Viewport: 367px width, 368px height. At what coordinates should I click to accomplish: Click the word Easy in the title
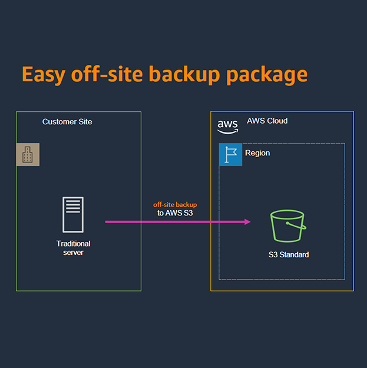click(43, 75)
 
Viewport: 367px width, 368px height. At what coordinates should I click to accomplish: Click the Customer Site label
click(67, 122)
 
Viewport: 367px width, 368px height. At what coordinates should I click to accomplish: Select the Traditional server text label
click(73, 248)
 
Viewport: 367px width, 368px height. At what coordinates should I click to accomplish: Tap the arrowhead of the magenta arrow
click(247, 222)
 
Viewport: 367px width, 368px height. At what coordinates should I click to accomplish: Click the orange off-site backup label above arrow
click(176, 204)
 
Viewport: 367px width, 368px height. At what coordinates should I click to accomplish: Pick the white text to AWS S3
click(176, 213)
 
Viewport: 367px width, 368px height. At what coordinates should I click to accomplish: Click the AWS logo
click(227, 125)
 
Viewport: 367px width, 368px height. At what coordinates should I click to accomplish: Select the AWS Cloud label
click(267, 121)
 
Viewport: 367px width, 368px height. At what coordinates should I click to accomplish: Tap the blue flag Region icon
click(230, 155)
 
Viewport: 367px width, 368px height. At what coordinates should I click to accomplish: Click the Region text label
click(257, 153)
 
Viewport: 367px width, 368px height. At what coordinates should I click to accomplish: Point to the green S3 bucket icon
click(287, 226)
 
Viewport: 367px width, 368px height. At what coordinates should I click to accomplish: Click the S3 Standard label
click(288, 255)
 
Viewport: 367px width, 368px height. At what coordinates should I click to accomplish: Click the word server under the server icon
click(73, 253)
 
